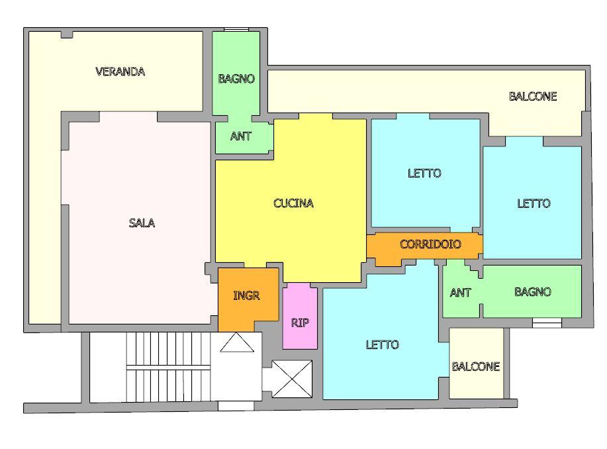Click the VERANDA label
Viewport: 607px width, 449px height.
click(120, 72)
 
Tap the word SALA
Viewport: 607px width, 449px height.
click(142, 223)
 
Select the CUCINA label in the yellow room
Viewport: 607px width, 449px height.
click(293, 203)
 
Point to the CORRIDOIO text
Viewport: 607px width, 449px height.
click(430, 244)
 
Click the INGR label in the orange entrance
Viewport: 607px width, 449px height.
click(246, 296)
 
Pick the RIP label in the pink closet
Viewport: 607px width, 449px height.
click(300, 323)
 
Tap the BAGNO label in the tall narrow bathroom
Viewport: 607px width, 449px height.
click(236, 79)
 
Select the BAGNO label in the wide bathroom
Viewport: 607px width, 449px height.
click(533, 291)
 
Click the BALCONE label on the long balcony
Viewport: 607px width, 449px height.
click(533, 97)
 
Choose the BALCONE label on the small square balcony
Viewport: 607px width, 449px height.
click(476, 366)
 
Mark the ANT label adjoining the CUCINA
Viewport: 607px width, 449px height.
click(241, 136)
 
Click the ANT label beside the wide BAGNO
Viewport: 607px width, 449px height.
click(460, 293)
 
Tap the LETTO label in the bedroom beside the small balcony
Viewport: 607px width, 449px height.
click(382, 345)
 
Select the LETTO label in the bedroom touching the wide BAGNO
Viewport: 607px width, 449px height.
click(534, 203)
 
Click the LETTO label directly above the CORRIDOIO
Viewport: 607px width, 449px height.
click(424, 173)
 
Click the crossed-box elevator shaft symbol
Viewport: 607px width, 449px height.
click(292, 379)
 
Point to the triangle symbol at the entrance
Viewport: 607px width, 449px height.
click(237, 342)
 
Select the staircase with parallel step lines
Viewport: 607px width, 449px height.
click(168, 367)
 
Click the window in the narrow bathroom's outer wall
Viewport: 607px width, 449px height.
click(236, 29)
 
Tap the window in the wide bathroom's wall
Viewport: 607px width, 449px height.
click(547, 323)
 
